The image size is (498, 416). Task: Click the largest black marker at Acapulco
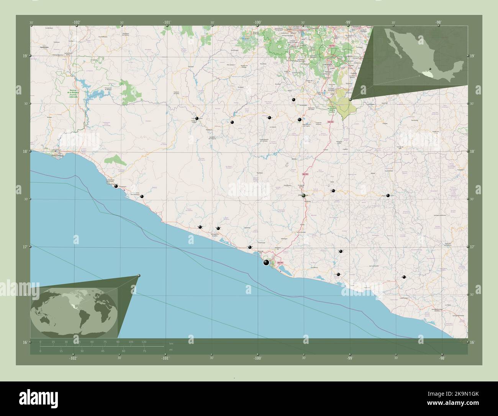266,262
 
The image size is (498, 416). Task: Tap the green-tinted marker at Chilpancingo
304,196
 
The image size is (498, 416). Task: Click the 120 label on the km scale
144,342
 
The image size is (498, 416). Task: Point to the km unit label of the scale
171,343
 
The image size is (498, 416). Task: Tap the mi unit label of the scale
171,350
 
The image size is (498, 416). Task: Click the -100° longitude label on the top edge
257,23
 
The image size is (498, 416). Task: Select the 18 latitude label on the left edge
25,152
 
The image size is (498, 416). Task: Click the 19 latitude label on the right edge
473,56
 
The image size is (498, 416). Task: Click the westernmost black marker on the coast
116,186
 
